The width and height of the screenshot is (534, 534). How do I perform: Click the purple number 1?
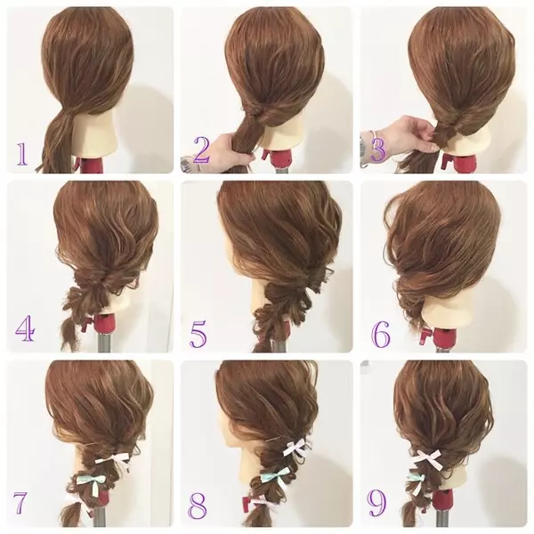pyautogui.click(x=22, y=154)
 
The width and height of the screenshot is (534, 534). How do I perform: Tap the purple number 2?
pyautogui.click(x=202, y=150)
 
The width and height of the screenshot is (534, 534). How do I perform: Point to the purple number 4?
pyautogui.click(x=25, y=328)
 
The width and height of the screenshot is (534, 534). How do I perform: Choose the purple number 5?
pyautogui.click(x=198, y=335)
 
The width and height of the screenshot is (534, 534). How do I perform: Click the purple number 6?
pyautogui.click(x=381, y=335)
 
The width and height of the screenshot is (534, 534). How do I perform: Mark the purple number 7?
pyautogui.click(x=20, y=503)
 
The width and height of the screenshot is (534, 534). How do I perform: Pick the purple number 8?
pyautogui.click(x=198, y=505)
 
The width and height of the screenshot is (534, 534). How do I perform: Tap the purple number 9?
pyautogui.click(x=376, y=503)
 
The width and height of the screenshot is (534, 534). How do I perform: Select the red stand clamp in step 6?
pyautogui.click(x=428, y=335)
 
